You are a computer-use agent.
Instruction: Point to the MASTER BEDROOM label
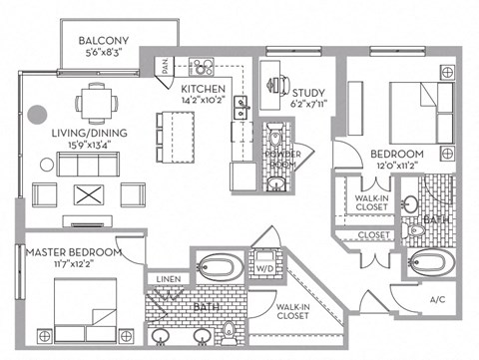(74, 253)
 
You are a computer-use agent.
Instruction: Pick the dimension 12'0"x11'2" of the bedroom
(397, 168)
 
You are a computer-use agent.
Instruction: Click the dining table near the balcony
(98, 100)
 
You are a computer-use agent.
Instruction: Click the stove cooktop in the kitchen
(204, 68)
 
